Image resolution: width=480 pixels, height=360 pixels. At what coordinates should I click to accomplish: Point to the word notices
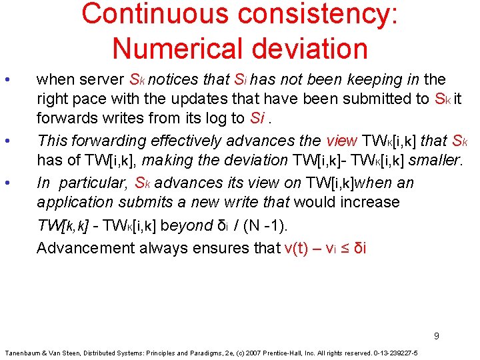click(175, 80)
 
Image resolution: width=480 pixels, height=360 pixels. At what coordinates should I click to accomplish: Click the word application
click(76, 202)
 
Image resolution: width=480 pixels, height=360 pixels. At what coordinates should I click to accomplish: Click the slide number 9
click(437, 335)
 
